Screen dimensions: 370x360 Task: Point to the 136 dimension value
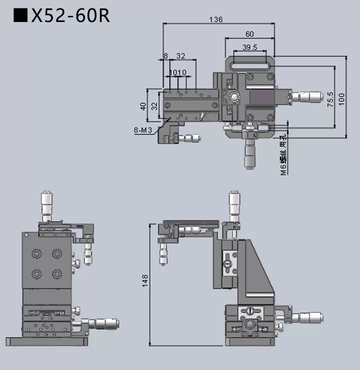click(215, 19)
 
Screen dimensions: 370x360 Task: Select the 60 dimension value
click(249, 34)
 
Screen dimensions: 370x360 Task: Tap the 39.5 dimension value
click(249, 47)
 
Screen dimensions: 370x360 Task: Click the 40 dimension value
click(143, 106)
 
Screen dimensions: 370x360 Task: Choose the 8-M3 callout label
click(142, 130)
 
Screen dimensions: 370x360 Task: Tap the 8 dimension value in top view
click(165, 56)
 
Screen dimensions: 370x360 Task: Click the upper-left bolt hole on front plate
click(37, 254)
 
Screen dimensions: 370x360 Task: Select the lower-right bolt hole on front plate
click(57, 273)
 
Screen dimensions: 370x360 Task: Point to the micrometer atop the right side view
click(233, 205)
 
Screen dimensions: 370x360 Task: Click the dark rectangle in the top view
click(261, 97)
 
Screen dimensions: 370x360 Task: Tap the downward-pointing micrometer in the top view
click(249, 154)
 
